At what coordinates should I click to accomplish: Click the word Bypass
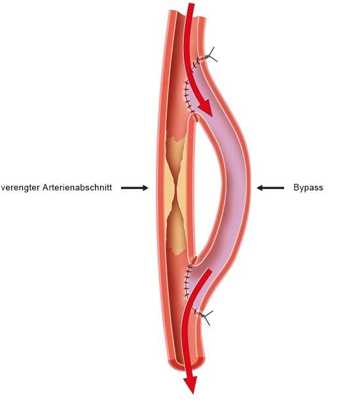coord(308,187)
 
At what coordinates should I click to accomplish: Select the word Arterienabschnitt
coord(77,187)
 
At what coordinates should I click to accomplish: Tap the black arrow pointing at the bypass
coord(270,188)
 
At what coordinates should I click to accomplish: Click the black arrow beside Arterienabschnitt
coord(135,188)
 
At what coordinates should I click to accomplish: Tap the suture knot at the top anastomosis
coord(210,56)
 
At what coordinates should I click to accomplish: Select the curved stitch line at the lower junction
coord(187,279)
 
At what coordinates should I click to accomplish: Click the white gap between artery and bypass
coord(206,188)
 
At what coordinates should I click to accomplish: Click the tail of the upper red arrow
coord(190,6)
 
